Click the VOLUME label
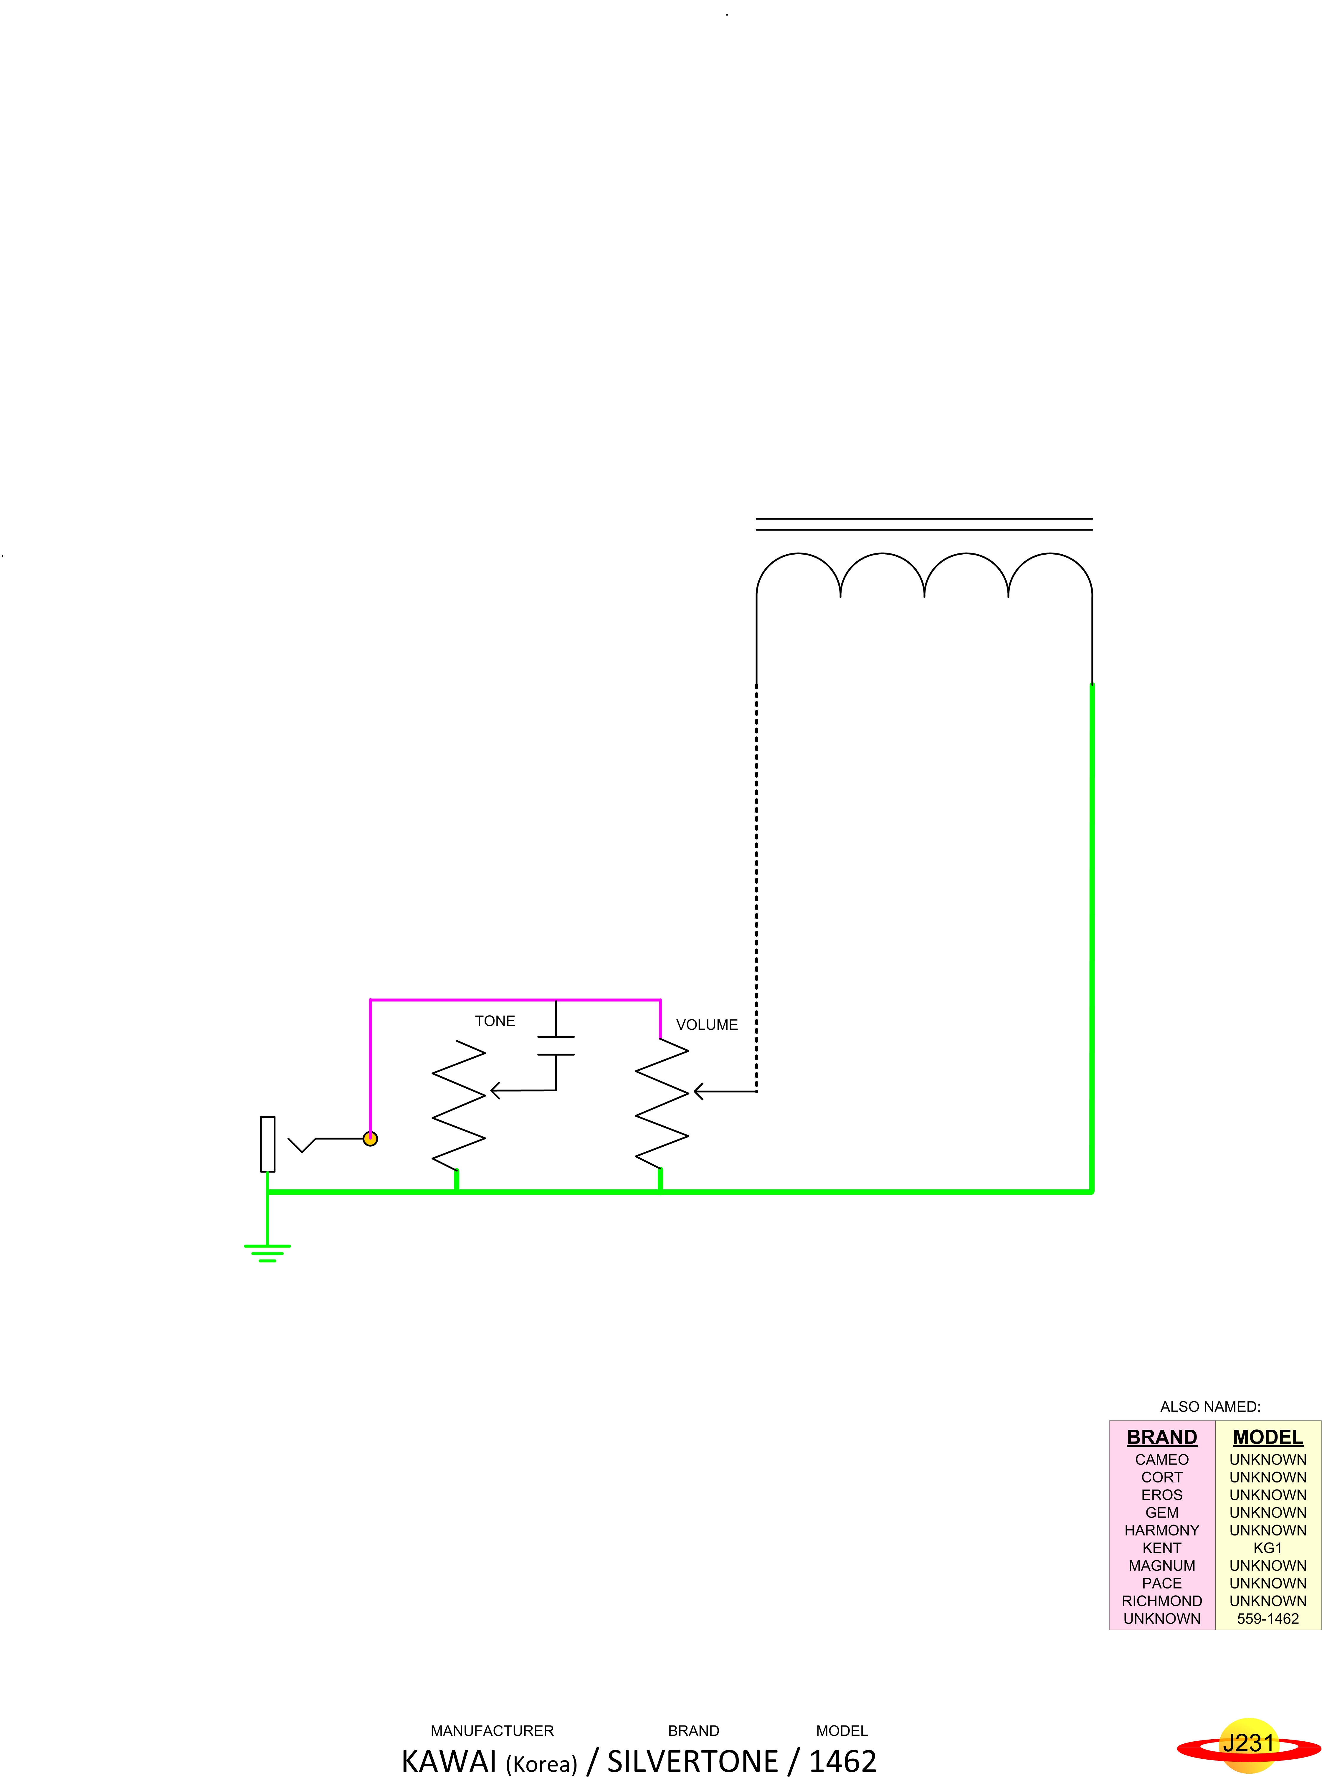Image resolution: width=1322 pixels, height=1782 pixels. coord(707,1025)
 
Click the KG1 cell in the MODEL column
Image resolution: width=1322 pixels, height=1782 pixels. coord(1268,1548)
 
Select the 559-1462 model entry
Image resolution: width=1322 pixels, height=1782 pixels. coord(1268,1618)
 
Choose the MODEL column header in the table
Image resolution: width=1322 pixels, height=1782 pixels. coord(1268,1437)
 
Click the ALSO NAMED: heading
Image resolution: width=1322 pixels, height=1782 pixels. coord(1210,1407)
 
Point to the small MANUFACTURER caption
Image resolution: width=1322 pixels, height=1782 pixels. coord(492,1731)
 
